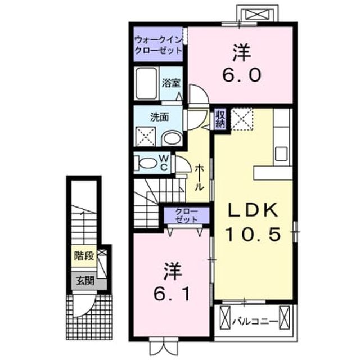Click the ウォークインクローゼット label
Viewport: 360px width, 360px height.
tap(159, 45)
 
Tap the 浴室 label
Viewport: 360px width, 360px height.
tap(171, 83)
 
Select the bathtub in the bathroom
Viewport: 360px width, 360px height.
tap(146, 83)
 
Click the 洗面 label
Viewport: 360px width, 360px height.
tap(159, 117)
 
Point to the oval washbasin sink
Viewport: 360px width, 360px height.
tap(172, 138)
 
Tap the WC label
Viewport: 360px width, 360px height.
tap(164, 163)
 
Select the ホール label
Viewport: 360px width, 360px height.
tap(199, 177)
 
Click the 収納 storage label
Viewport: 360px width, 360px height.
tap(220, 119)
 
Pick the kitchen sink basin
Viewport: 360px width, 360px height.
tap(281, 154)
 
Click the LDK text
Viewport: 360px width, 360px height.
tap(253, 210)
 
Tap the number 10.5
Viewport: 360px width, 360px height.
tap(253, 234)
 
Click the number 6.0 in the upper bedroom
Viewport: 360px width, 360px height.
tap(241, 75)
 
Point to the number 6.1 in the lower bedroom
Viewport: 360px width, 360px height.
tap(172, 294)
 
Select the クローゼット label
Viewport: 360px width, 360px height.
tap(186, 215)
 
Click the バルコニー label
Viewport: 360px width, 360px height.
tap(255, 321)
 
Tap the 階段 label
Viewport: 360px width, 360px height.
tap(84, 256)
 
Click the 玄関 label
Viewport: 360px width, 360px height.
tap(85, 280)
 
